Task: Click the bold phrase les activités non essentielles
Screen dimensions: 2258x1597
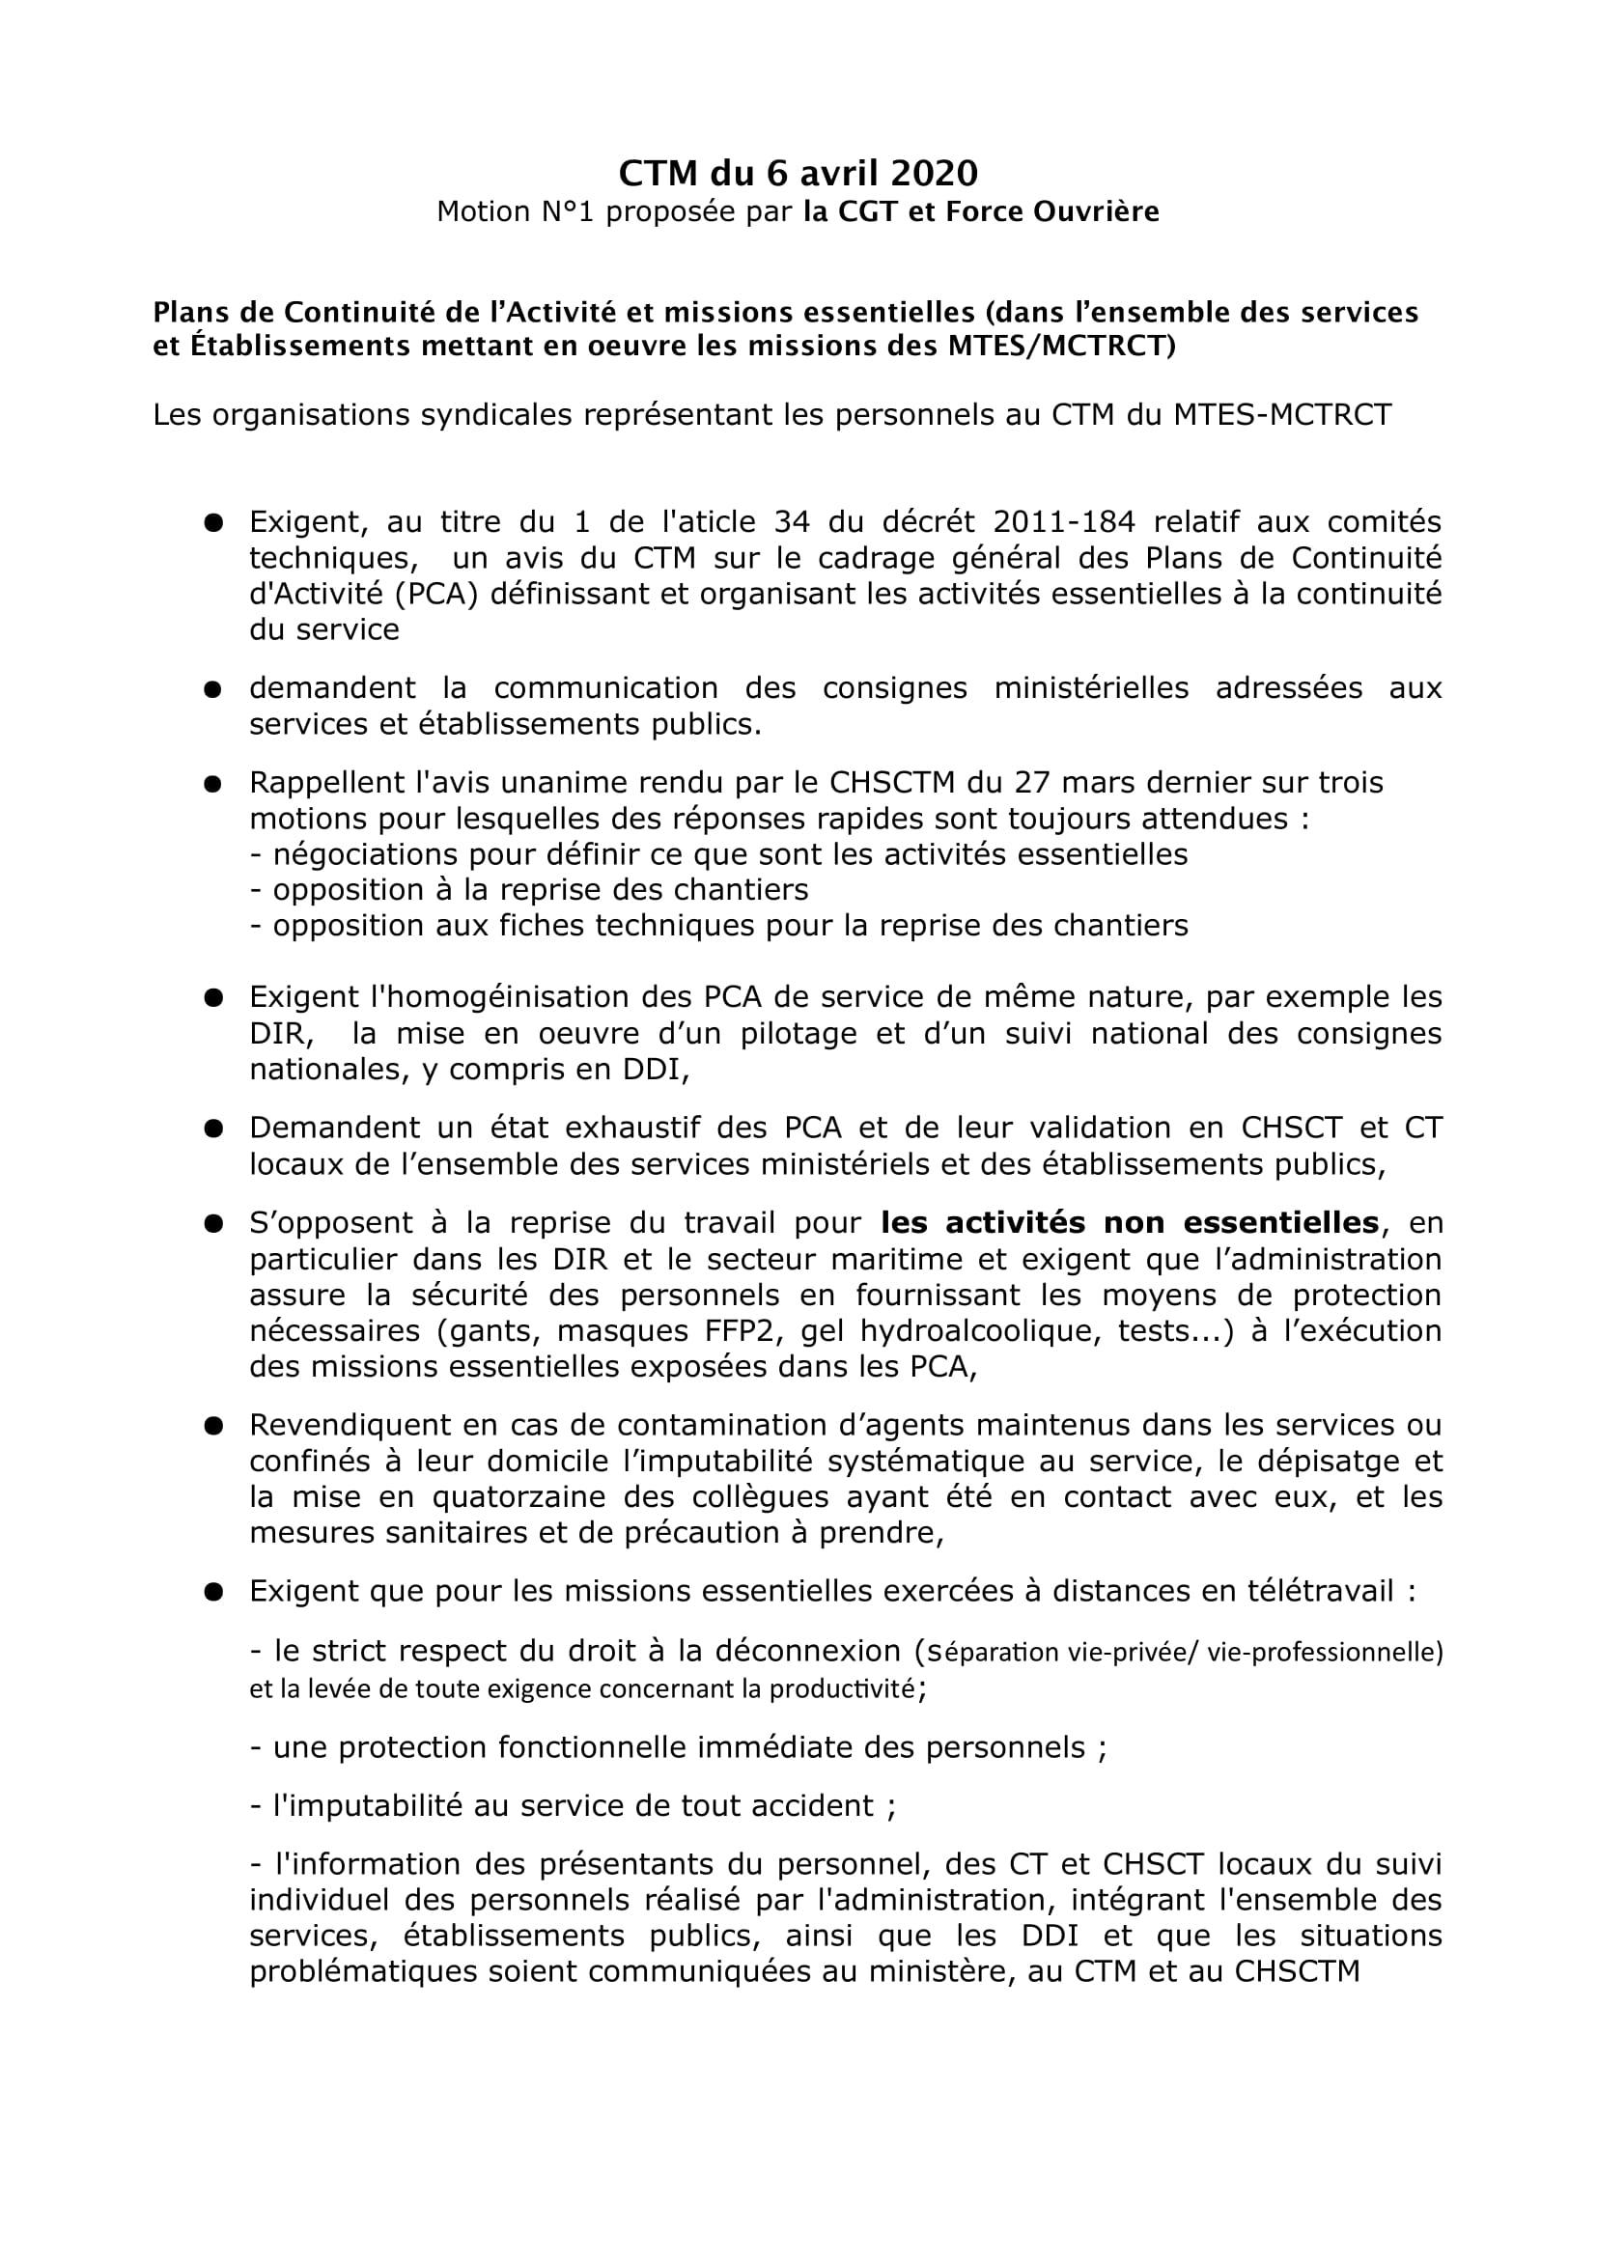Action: click(x=1130, y=1222)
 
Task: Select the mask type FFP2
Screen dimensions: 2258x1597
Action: click(x=735, y=1330)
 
